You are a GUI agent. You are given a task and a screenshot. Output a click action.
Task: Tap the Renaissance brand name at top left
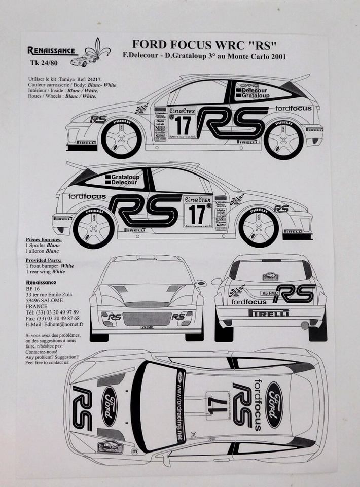(x=52, y=50)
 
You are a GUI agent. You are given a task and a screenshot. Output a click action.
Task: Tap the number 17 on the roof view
(x=218, y=404)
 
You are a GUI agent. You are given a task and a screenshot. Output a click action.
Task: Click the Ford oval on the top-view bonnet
(x=109, y=406)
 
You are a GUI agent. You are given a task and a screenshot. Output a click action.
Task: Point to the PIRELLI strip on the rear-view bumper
(x=269, y=313)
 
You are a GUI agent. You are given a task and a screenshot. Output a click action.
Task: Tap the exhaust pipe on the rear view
(x=305, y=325)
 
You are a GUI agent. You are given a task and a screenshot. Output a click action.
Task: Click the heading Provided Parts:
(x=44, y=259)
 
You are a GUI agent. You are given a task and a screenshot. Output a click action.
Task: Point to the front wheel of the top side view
(x=121, y=137)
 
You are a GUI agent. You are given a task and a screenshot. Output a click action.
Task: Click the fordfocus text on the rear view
(x=249, y=302)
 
